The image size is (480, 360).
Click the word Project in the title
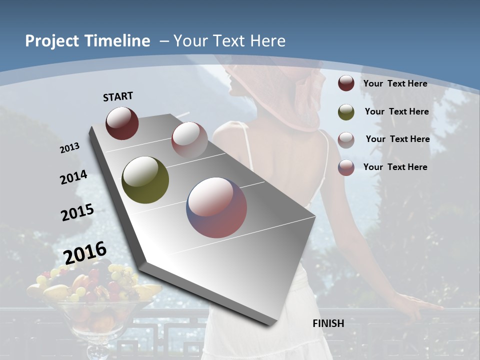pyautogui.click(x=52, y=41)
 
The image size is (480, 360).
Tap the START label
pyautogui.click(x=118, y=96)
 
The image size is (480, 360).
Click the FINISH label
pyautogui.click(x=328, y=323)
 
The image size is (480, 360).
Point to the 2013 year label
pyautogui.click(x=70, y=147)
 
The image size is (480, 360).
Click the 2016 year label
pyautogui.click(x=85, y=253)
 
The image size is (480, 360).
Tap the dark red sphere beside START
pyautogui.click(x=122, y=123)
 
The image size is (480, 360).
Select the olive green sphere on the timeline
pyautogui.click(x=145, y=180)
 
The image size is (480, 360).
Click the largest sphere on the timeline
pyautogui.click(x=216, y=207)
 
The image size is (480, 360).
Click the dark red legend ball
pyautogui.click(x=346, y=83)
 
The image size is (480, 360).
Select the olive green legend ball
pyautogui.click(x=346, y=112)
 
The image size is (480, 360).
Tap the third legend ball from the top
pyautogui.click(x=346, y=139)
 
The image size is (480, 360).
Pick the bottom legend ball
pyautogui.click(x=346, y=167)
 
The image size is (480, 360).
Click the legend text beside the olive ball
pyautogui.click(x=396, y=111)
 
